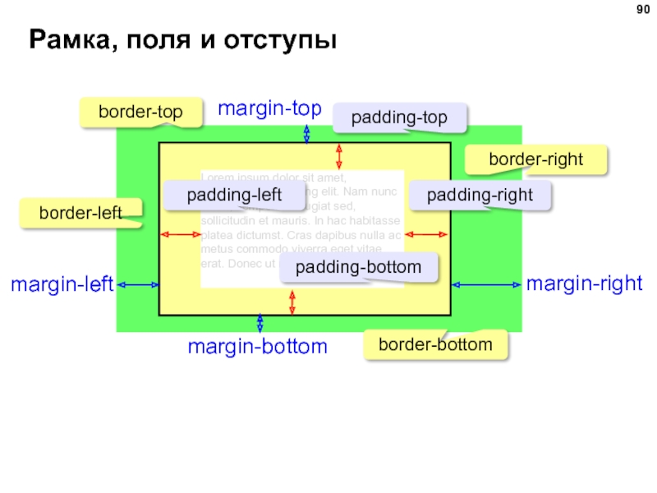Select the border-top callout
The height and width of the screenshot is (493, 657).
point(140,112)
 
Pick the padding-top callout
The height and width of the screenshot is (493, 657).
point(399,118)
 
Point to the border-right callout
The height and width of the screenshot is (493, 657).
point(536,159)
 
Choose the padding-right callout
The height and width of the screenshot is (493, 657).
point(480,196)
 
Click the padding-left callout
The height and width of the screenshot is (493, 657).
point(234,196)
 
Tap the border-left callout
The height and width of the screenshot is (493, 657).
point(80,213)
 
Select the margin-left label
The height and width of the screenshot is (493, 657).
point(62,285)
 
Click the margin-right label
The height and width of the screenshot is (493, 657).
point(584,284)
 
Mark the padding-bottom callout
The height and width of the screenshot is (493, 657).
point(358,268)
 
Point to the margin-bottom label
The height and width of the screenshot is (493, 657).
point(257,347)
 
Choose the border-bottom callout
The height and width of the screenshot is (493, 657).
point(435,344)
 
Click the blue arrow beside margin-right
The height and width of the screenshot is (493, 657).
point(486,285)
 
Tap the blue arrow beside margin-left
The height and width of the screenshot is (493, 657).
point(138,285)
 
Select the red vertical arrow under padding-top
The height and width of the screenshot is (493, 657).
point(339,156)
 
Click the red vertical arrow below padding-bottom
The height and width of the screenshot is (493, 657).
point(292,302)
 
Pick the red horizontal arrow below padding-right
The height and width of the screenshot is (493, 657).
point(426,236)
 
